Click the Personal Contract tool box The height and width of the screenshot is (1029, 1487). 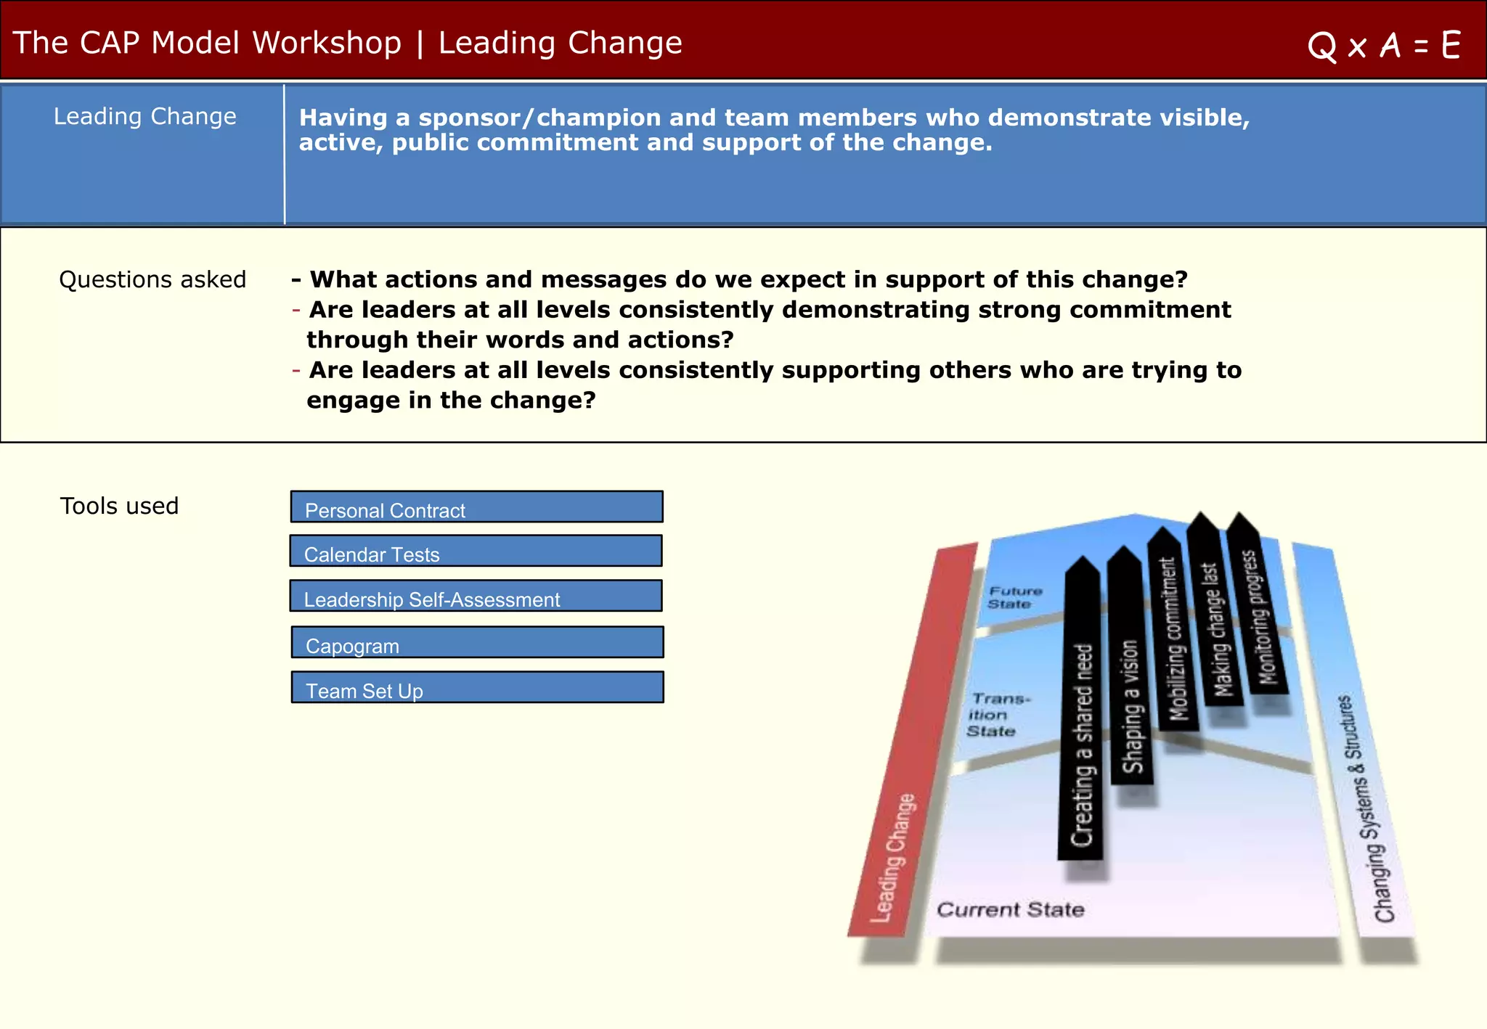(476, 507)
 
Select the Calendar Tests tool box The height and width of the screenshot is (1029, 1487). (476, 551)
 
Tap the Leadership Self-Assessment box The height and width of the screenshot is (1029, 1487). (476, 596)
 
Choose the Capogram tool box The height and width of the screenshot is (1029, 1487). (477, 642)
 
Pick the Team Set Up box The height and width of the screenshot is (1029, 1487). (477, 687)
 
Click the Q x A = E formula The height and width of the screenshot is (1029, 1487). (1383, 46)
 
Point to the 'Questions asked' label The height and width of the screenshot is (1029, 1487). (152, 279)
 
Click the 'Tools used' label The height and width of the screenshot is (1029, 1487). (119, 506)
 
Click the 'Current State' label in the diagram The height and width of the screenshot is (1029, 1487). (1010, 909)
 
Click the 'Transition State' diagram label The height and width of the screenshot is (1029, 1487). (996, 715)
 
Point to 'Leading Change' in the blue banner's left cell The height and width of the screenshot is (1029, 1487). (144, 116)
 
